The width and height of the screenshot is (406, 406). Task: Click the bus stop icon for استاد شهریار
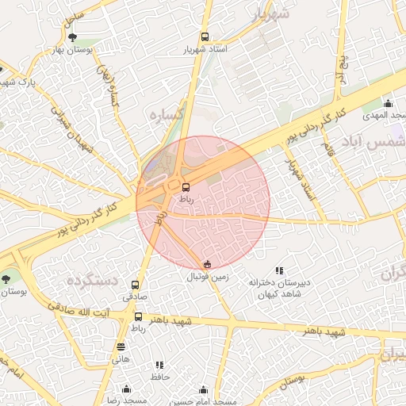point(205,36)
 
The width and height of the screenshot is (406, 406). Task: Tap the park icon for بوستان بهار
point(73,37)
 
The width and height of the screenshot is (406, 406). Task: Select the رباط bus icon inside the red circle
point(186,187)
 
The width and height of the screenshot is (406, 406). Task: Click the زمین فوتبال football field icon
point(208,264)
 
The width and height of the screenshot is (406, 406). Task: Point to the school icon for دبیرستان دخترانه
point(278,271)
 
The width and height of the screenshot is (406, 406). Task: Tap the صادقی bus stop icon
point(135,285)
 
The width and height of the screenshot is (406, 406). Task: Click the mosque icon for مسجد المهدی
point(388,103)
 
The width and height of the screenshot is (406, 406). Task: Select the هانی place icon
point(121,347)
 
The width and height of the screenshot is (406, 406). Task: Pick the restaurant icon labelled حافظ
point(161,365)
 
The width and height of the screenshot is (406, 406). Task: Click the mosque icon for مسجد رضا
point(125,389)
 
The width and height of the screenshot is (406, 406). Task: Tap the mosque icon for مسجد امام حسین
point(204,390)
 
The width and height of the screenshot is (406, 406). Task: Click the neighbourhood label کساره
point(167,115)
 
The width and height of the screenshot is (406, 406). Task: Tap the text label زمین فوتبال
point(208,278)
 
